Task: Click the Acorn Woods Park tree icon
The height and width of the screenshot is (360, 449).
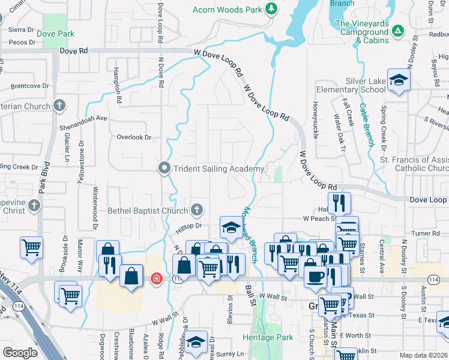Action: (x=271, y=9)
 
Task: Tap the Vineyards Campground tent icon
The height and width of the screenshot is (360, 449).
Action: (x=397, y=29)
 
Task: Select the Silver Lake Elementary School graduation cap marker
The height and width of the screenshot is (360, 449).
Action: (x=399, y=80)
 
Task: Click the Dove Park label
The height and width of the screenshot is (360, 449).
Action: (x=55, y=34)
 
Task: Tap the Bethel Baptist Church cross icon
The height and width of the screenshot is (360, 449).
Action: (x=196, y=210)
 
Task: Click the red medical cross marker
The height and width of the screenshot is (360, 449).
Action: (x=156, y=279)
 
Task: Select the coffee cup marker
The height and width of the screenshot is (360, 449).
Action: (x=315, y=276)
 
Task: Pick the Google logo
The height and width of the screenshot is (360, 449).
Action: (x=20, y=353)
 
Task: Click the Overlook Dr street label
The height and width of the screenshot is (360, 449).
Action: (x=134, y=137)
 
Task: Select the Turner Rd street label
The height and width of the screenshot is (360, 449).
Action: (x=426, y=233)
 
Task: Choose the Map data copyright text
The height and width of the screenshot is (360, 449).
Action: (x=424, y=355)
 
